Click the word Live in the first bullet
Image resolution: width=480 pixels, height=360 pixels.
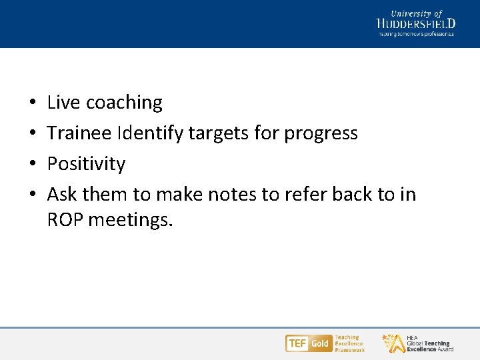point(64,103)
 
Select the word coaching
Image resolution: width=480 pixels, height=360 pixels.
point(124,103)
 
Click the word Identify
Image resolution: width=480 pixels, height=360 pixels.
point(150,134)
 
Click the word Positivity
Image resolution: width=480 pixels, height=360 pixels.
point(86,164)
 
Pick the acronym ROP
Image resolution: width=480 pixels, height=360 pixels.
point(65,219)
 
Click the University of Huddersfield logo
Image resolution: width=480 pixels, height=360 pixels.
point(416,23)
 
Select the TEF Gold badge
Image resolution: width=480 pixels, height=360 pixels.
point(308,343)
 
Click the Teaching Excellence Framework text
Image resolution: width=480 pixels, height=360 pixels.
point(349,343)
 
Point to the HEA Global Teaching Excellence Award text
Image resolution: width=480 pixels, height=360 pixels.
point(429,343)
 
